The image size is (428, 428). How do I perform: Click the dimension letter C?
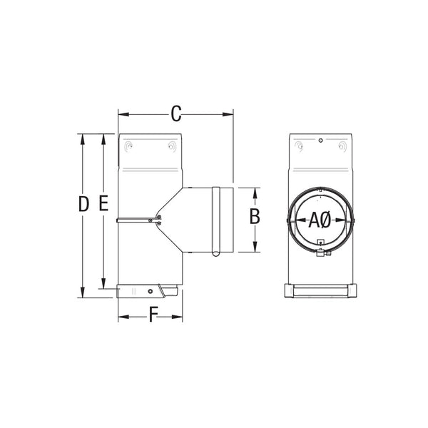[176, 113]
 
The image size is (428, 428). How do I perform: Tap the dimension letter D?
[83, 205]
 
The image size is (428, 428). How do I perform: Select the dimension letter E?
[103, 205]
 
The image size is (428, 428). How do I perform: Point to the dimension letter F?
[153, 315]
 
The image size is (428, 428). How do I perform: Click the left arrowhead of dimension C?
[122, 113]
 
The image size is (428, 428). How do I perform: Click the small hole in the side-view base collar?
[150, 291]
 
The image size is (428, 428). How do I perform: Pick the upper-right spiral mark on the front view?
[341, 147]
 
